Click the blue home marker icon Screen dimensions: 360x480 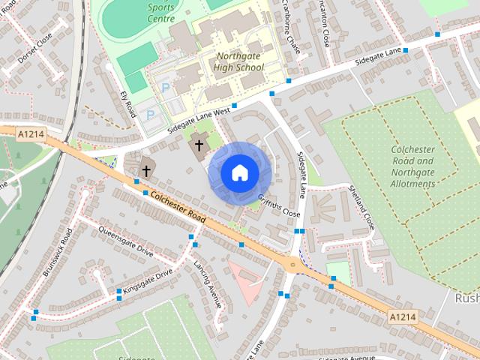(239, 173)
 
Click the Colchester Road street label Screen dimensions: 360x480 (178, 206)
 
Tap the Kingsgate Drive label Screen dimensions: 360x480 (148, 280)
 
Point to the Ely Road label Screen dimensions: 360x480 (128, 104)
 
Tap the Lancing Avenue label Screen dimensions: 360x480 (207, 285)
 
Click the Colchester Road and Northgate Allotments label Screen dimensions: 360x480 (412, 166)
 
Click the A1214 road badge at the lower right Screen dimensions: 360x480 (403, 318)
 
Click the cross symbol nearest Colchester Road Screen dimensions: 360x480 (145, 170)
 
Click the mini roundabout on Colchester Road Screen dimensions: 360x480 (292, 263)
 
